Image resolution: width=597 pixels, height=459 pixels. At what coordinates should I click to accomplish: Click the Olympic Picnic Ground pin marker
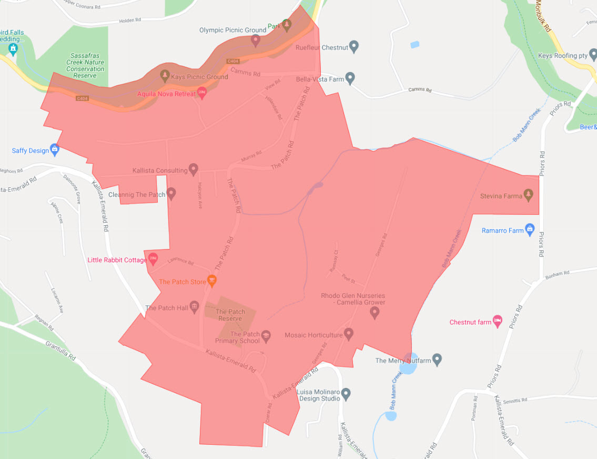pyautogui.click(x=256, y=39)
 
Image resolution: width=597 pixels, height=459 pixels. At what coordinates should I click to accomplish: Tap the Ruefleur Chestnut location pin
pyautogui.click(x=354, y=46)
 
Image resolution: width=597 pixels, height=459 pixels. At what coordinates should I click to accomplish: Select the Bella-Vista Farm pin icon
pyautogui.click(x=350, y=78)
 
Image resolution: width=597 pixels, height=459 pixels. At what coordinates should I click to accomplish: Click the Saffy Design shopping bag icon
pyautogui.click(x=55, y=149)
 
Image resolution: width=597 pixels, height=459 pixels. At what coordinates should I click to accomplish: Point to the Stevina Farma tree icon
pyautogui.click(x=529, y=195)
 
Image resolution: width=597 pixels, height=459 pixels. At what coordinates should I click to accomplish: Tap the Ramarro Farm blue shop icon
pyautogui.click(x=530, y=229)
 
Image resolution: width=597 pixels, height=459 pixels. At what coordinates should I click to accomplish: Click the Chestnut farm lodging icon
pyautogui.click(x=497, y=321)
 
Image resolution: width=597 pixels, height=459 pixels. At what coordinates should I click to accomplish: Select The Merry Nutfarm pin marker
pyautogui.click(x=437, y=360)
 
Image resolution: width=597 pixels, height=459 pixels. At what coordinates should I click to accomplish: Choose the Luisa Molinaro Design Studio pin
pyautogui.click(x=346, y=393)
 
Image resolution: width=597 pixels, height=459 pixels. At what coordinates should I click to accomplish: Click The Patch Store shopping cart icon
pyautogui.click(x=212, y=281)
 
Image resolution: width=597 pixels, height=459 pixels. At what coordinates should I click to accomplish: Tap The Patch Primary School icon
pyautogui.click(x=266, y=336)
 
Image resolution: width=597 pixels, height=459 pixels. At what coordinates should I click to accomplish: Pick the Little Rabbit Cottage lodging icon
pyautogui.click(x=153, y=258)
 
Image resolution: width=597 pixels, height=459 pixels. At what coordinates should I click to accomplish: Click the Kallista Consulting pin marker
pyautogui.click(x=194, y=169)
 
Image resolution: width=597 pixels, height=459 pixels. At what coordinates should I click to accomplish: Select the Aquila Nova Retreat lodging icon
pyautogui.click(x=201, y=93)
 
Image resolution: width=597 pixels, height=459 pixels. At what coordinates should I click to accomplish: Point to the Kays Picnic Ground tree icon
pyautogui.click(x=164, y=75)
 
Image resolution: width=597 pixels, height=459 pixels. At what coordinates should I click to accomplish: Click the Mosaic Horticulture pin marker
pyautogui.click(x=348, y=334)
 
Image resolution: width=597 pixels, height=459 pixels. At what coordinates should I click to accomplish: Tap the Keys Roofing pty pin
pyautogui.click(x=593, y=54)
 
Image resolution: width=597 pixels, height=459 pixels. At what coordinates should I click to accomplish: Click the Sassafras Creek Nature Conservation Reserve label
pyautogui.click(x=88, y=65)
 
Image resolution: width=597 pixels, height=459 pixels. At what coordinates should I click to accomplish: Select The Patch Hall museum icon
pyautogui.click(x=194, y=307)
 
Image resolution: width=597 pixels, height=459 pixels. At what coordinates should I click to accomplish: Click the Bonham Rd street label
pyautogui.click(x=559, y=274)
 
